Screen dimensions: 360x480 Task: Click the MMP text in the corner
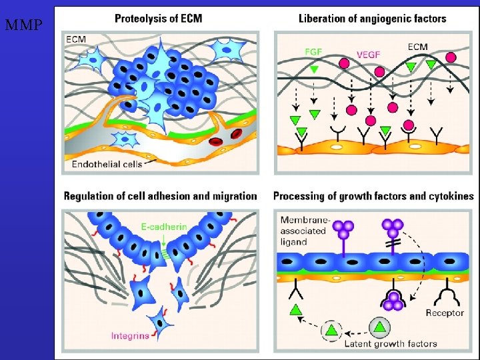(23, 27)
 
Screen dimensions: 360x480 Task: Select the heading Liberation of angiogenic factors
(372, 18)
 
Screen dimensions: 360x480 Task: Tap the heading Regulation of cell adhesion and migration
(160, 196)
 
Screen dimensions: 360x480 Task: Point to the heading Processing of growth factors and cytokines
(373, 196)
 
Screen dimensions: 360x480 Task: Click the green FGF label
(315, 51)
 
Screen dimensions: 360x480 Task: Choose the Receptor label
(444, 313)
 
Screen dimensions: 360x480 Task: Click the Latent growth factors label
(390, 344)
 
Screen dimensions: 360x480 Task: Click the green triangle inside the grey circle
(379, 327)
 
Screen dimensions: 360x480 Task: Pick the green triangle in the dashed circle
(331, 329)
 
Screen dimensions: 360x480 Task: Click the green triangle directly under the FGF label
(314, 68)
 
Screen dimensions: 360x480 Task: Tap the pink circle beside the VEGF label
(345, 63)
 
